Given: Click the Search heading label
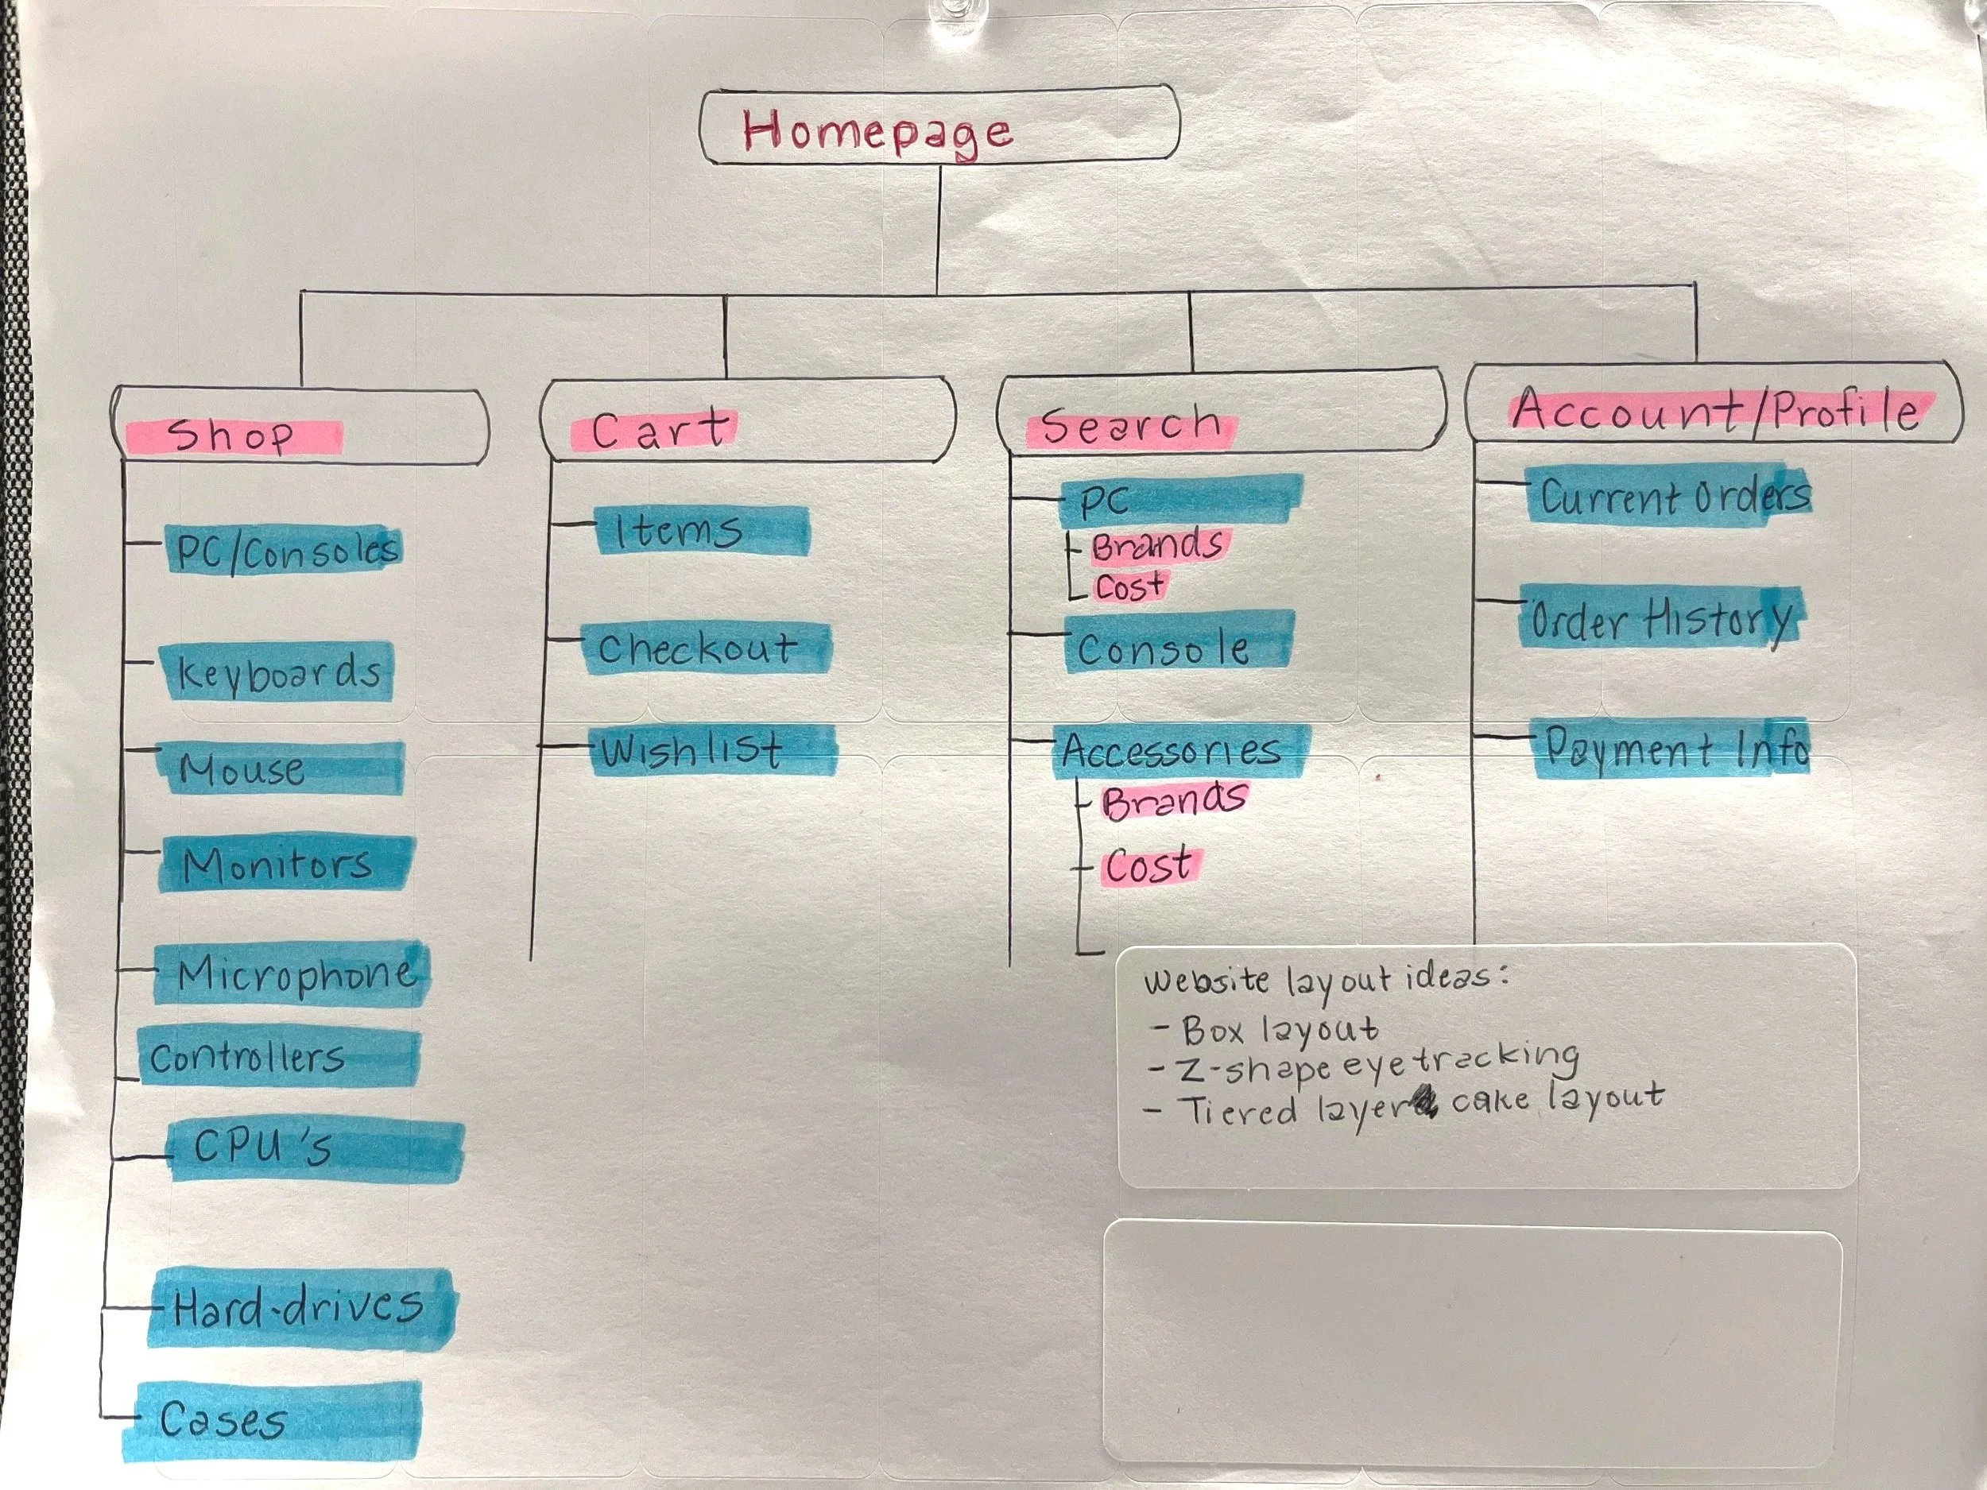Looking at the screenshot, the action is tap(1130, 426).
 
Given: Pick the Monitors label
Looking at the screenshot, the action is tap(278, 865).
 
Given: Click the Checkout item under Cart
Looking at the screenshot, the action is tap(698, 648).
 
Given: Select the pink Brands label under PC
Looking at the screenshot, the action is tap(1157, 545).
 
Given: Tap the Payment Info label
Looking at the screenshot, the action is tap(1675, 748).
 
